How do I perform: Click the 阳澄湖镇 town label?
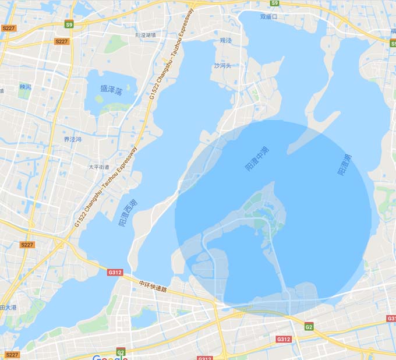pyautogui.click(x=146, y=35)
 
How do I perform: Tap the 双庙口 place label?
pyautogui.click(x=268, y=17)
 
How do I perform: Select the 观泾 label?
pyautogui.click(x=225, y=41)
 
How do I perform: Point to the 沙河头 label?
pyautogui.click(x=222, y=66)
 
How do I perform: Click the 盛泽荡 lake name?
pyautogui.click(x=111, y=90)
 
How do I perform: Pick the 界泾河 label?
pyautogui.click(x=73, y=139)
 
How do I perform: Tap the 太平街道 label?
pyautogui.click(x=98, y=167)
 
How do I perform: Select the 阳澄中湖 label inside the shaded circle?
pyautogui.click(x=257, y=158)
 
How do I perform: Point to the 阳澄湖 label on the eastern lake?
pyautogui.click(x=344, y=165)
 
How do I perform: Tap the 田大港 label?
pyautogui.click(x=8, y=307)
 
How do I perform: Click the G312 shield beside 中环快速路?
pyautogui.click(x=115, y=272)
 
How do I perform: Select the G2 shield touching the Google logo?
pyautogui.click(x=121, y=352)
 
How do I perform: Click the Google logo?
pyautogui.click(x=109, y=357)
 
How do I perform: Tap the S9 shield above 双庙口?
pyautogui.click(x=275, y=3)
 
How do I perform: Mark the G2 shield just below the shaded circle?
pyautogui.click(x=309, y=326)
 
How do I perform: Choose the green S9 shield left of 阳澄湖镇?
pyautogui.click(x=69, y=24)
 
